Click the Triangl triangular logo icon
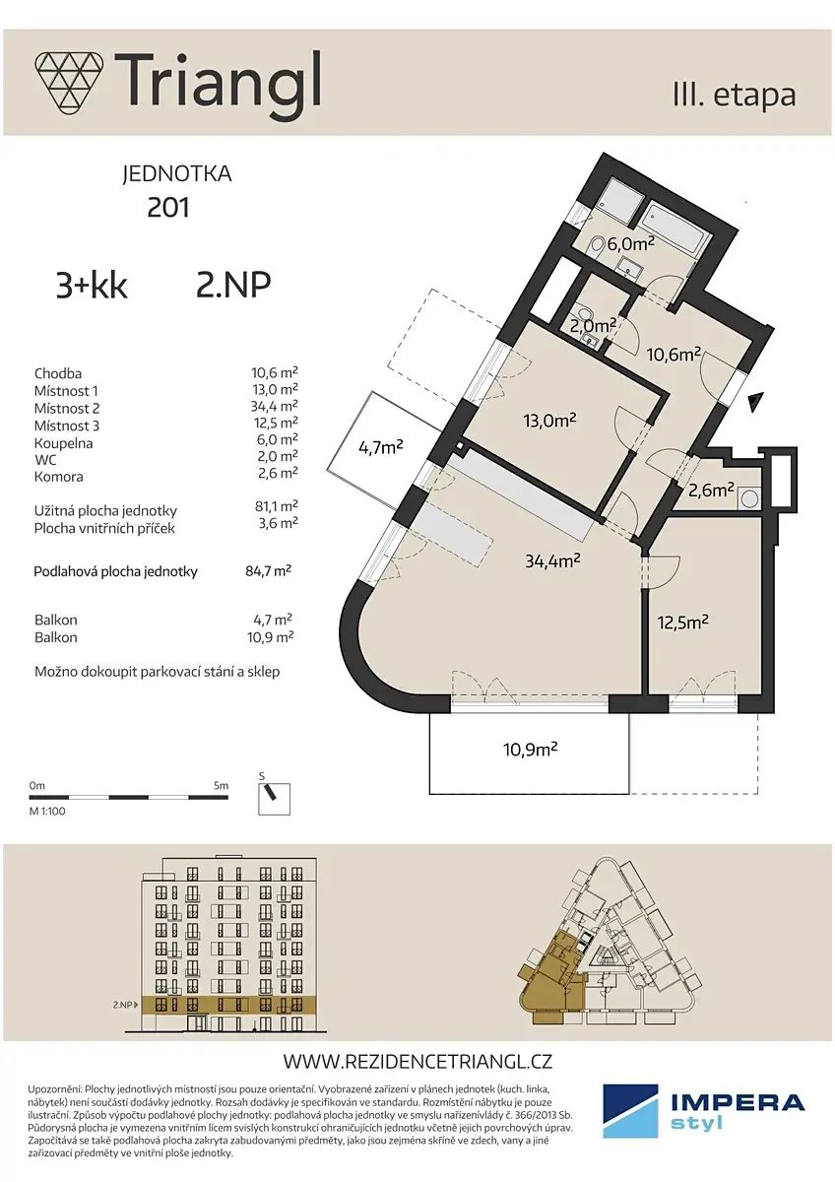click(69, 82)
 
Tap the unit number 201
click(168, 208)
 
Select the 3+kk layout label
click(92, 286)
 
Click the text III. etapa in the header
click(735, 96)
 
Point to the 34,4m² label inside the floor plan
click(552, 559)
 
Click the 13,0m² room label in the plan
click(549, 420)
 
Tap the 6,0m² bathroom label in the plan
click(630, 244)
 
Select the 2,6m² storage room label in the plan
click(711, 491)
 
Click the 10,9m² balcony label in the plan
click(531, 749)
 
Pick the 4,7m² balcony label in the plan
click(381, 448)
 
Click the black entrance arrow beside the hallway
click(756, 402)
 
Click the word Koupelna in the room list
click(63, 443)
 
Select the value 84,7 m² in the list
click(269, 571)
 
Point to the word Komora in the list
click(58, 477)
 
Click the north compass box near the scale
click(274, 799)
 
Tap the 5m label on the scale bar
click(221, 785)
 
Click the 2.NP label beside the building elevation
click(122, 1005)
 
